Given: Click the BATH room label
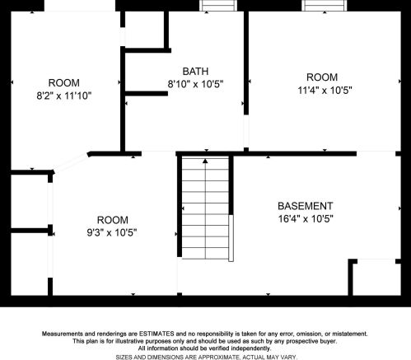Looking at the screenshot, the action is click(x=195, y=72).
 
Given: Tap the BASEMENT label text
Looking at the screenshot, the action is click(x=306, y=206).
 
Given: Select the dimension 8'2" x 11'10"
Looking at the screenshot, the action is click(x=64, y=96).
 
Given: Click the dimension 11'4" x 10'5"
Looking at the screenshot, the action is click(x=325, y=90).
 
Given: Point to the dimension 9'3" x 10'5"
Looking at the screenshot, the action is click(x=112, y=233).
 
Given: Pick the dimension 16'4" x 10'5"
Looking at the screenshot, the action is click(x=306, y=219).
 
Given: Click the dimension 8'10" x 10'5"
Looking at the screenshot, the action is click(x=195, y=84).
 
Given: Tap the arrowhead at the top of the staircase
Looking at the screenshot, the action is click(x=205, y=161).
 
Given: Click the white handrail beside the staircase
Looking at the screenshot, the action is click(x=231, y=238).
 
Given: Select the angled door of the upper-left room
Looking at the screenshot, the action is click(x=71, y=163).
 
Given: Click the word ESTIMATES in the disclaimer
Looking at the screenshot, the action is click(x=156, y=334).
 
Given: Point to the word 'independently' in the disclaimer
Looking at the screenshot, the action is click(x=250, y=348).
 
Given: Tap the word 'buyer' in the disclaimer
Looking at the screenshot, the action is click(x=328, y=341).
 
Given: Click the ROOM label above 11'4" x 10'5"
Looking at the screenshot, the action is click(x=322, y=77).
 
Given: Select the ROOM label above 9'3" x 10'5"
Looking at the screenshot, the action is click(x=113, y=220).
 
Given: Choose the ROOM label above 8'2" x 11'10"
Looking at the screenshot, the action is click(x=64, y=83).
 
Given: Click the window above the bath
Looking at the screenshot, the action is click(x=219, y=5).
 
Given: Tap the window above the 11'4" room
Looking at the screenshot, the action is click(x=325, y=5).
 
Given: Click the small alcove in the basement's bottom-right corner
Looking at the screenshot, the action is click(x=376, y=278).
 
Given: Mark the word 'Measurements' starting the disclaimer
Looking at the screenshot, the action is click(x=63, y=334).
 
